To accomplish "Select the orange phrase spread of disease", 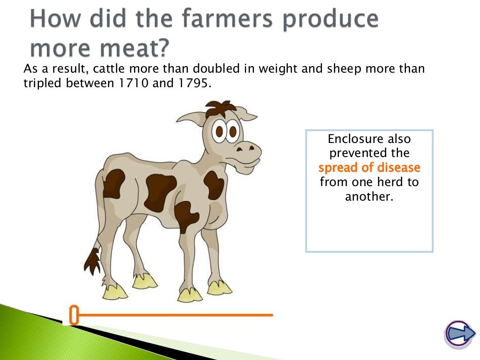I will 369,168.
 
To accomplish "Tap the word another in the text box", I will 369,196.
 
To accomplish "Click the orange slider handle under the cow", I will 74,315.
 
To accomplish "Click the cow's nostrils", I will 246,149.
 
